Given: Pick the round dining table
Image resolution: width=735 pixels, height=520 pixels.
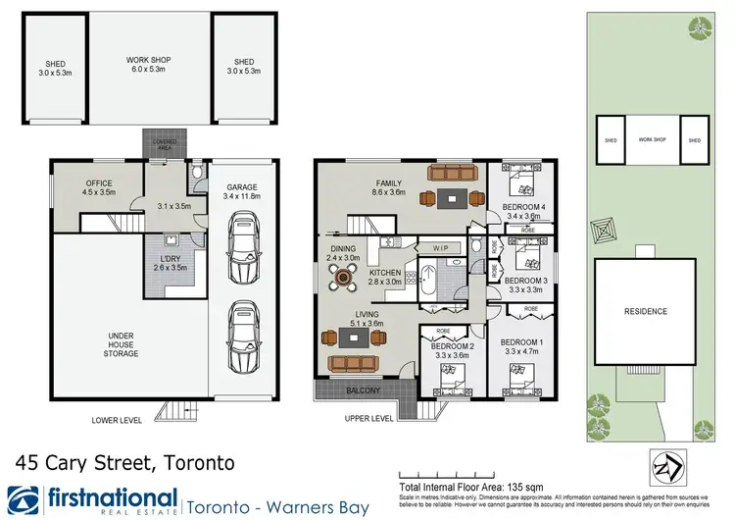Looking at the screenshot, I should pyautogui.click(x=343, y=277).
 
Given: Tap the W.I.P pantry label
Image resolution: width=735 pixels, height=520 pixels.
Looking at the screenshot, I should pyautogui.click(x=440, y=249).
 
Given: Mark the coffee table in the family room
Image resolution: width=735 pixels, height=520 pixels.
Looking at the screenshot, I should pyautogui.click(x=452, y=198).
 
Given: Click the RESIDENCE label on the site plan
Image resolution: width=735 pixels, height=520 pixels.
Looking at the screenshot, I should pyautogui.click(x=645, y=312).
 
